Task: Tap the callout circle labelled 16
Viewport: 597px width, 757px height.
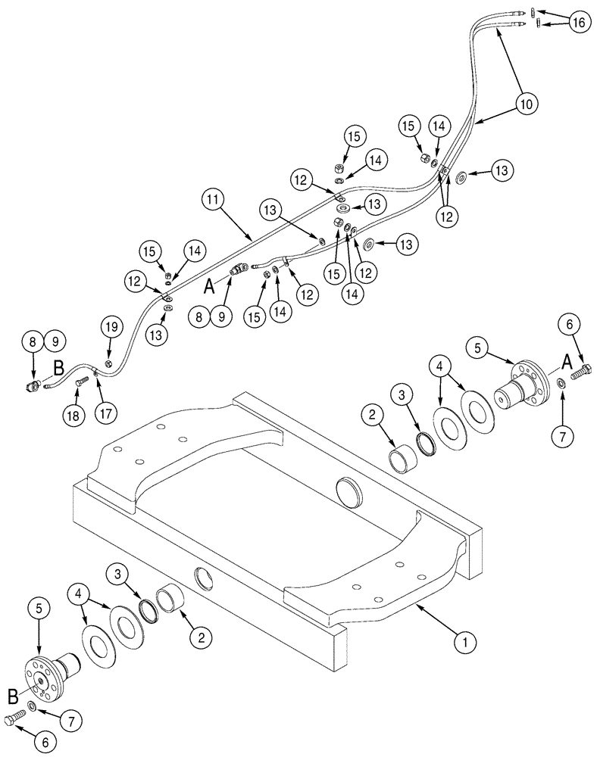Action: pos(578,23)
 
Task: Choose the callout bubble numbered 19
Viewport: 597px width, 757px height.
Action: pos(111,328)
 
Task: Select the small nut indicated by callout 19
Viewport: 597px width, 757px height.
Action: pos(108,364)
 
